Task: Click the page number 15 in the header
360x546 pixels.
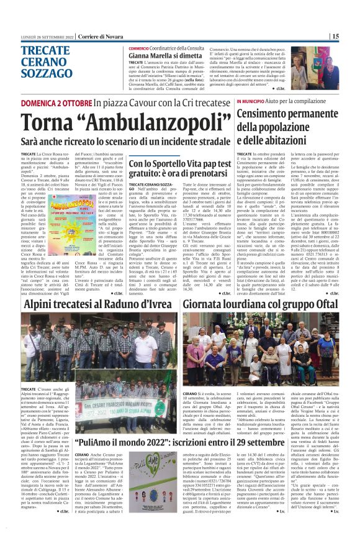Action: point(352,37)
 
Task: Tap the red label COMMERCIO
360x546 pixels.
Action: point(142,48)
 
